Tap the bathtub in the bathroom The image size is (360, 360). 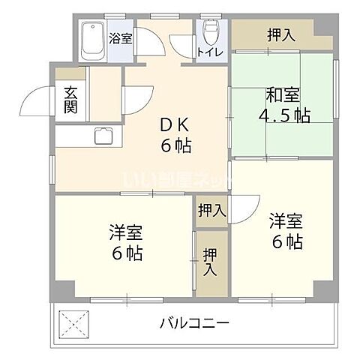click(x=94, y=41)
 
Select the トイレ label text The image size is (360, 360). click(x=209, y=52)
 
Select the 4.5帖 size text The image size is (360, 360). click(x=283, y=116)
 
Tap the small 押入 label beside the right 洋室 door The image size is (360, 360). click(x=211, y=211)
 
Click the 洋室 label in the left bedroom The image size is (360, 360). click(x=124, y=232)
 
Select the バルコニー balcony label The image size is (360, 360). click(x=193, y=323)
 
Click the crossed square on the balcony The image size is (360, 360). click(x=73, y=323)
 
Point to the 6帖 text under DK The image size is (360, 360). click(x=175, y=145)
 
